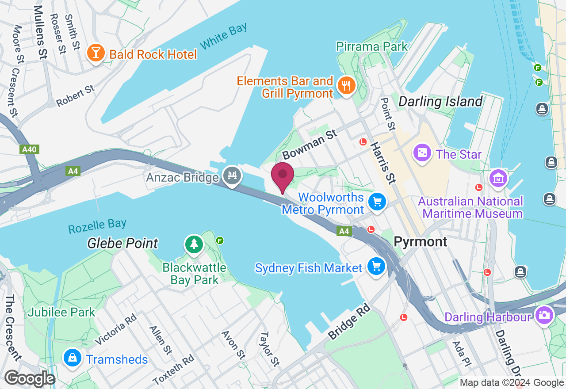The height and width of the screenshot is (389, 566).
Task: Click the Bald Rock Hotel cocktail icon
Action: click(96, 53)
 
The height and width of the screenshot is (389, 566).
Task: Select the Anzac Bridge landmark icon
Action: click(232, 175)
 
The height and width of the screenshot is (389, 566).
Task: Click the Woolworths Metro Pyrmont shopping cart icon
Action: click(377, 202)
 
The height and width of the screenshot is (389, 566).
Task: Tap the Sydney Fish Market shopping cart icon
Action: click(376, 267)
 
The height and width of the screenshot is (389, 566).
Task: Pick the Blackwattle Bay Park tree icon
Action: click(194, 244)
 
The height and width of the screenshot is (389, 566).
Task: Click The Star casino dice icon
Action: click(422, 153)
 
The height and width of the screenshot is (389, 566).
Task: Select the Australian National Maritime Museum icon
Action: click(498, 178)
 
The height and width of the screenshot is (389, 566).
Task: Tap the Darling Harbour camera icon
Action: click(544, 315)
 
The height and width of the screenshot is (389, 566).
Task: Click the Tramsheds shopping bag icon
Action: click(72, 358)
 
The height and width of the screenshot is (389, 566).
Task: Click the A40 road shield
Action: click(29, 149)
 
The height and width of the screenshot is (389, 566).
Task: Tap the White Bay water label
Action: click(223, 37)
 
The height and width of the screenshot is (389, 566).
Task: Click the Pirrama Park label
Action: click(371, 47)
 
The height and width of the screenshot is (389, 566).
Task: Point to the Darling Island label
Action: click(440, 102)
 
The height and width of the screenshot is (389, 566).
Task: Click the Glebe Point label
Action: click(122, 243)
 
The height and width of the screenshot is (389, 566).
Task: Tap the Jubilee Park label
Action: click(61, 312)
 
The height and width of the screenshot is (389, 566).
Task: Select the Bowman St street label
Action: click(310, 144)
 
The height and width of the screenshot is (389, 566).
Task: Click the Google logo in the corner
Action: click(30, 379)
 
